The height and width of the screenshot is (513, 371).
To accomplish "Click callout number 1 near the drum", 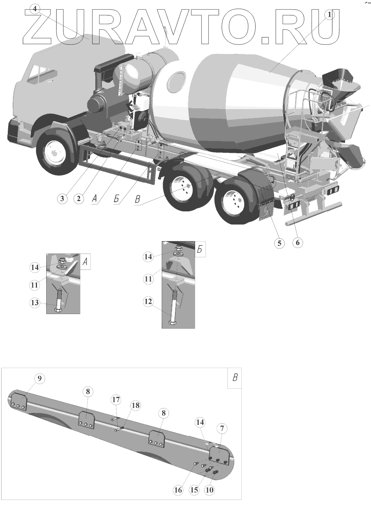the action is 330,14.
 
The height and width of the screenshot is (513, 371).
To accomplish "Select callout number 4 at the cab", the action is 35,9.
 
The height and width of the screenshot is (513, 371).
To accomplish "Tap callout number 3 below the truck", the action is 62,198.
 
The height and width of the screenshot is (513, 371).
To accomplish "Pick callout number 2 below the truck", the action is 79,198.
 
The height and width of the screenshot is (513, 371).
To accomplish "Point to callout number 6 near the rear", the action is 297,243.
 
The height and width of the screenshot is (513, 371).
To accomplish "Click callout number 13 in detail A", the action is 35,302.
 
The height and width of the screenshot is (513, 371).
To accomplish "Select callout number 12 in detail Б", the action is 148,302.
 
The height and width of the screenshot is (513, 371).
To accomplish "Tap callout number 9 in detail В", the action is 40,379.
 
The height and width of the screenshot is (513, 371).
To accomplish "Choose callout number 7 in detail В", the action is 222,429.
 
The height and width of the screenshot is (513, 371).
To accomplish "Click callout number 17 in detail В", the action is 115,399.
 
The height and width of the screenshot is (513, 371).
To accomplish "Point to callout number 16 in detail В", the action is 178,490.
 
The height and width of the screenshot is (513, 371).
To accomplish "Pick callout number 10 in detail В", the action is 210,490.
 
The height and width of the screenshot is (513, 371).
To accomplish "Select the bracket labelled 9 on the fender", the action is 18,402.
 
